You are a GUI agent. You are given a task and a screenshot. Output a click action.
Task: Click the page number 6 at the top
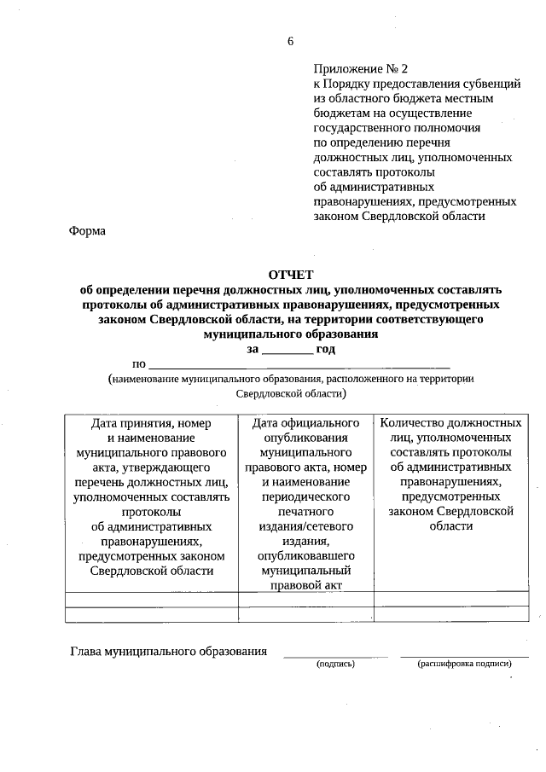click(x=290, y=41)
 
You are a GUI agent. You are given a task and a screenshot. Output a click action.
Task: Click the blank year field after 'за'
click(x=287, y=350)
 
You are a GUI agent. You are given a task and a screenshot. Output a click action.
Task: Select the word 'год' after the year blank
click(x=326, y=349)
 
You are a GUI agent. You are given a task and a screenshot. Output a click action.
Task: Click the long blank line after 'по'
click(x=299, y=364)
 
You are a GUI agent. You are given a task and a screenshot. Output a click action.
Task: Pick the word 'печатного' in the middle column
click(x=306, y=511)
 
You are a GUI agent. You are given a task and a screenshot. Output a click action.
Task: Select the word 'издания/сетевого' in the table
click(x=306, y=526)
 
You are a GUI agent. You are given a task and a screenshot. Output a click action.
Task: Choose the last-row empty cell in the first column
click(x=151, y=614)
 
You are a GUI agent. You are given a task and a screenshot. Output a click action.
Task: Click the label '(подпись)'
click(x=335, y=663)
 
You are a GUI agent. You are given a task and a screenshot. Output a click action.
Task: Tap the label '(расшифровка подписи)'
click(x=464, y=663)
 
